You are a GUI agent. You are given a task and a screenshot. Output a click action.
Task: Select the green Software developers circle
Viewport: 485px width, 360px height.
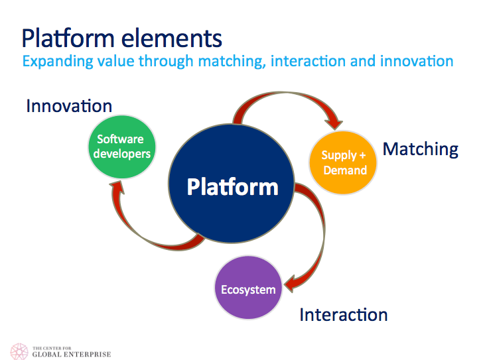point(124,147)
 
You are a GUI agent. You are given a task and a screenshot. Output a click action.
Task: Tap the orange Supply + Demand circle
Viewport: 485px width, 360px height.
point(344,162)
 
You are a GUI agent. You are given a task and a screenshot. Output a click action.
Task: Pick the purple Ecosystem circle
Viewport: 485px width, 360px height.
point(249,289)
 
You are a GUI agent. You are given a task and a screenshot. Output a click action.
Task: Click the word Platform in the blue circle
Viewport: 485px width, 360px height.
point(232,186)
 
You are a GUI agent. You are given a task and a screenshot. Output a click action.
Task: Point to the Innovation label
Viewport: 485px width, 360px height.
point(69,106)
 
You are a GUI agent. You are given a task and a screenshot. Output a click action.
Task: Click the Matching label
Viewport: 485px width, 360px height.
point(421,149)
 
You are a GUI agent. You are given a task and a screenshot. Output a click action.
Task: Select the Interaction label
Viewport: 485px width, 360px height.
point(344,314)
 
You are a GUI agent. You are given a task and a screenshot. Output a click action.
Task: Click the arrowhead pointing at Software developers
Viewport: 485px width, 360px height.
point(118,188)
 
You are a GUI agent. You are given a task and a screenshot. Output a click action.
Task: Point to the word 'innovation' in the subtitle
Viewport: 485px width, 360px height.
point(416,61)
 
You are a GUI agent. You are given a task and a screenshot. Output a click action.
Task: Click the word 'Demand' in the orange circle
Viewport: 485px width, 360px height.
point(344,170)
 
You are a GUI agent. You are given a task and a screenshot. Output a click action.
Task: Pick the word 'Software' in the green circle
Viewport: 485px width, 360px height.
point(121,139)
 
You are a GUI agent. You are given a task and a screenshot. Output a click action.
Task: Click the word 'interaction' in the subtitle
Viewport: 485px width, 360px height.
point(309,61)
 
